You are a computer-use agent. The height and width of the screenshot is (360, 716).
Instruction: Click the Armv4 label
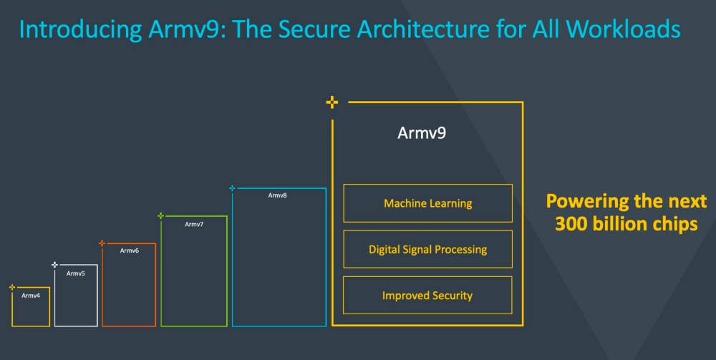point(31,296)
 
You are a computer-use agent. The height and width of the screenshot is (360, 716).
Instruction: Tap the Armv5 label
point(76,273)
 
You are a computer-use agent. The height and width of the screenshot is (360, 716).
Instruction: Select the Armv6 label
point(129,250)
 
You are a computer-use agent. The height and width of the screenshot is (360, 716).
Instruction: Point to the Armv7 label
point(194,224)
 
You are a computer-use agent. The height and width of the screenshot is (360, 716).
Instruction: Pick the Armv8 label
point(277,195)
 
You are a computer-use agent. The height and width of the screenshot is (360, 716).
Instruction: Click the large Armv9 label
point(422,133)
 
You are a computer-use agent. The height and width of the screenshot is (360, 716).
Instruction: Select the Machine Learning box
point(428,203)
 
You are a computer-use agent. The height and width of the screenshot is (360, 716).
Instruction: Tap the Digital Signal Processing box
point(428,249)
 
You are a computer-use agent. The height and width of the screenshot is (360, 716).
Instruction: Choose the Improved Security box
point(427,295)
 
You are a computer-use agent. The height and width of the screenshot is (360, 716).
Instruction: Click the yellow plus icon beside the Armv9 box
point(332,102)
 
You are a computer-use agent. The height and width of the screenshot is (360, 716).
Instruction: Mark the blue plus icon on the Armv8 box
point(232,188)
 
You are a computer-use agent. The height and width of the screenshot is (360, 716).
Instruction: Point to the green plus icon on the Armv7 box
point(160,216)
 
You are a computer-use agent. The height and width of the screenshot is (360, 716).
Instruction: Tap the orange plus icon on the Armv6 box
point(102,243)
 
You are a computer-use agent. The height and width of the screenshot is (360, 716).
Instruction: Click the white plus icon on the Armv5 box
point(55,265)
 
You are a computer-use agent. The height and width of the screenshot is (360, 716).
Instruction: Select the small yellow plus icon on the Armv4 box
point(12,287)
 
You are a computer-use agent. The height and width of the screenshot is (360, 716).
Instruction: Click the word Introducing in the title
point(81,29)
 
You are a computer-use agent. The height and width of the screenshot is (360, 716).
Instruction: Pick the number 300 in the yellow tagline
point(571,224)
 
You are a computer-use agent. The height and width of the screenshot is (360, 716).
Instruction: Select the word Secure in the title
point(314,29)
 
